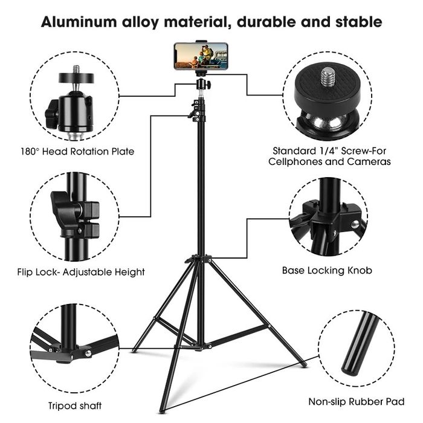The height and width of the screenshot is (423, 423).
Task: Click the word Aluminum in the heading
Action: click(79, 22)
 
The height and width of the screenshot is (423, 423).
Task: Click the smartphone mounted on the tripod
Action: click(201, 56)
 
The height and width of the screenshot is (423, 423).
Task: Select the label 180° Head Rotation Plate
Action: click(77, 151)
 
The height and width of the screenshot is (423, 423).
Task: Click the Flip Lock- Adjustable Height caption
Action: click(81, 272)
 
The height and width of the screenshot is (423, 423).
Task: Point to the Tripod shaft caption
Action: click(75, 405)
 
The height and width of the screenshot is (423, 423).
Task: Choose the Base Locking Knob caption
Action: click(327, 270)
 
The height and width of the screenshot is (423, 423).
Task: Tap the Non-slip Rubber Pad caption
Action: click(357, 402)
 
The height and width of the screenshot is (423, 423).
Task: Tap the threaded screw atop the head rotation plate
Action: click(77, 69)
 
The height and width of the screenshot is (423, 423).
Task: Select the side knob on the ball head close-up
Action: click(52, 114)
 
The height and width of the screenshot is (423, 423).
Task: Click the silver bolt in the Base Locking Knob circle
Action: click(355, 224)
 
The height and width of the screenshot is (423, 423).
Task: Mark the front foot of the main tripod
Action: click(162, 411)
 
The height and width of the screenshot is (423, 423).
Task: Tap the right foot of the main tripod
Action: click(304, 365)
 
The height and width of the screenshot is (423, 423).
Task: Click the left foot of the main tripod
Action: click(134, 350)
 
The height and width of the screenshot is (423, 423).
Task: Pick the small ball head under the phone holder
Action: click(202, 85)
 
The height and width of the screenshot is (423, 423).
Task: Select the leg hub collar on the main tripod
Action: click(199, 259)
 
